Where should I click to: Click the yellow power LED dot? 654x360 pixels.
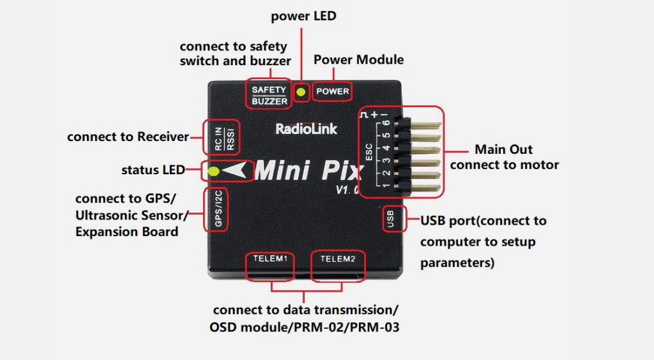301,92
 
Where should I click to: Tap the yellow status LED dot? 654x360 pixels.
214,171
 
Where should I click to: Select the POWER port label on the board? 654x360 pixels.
333,91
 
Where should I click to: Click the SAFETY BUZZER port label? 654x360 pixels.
269,96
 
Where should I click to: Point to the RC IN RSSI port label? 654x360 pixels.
222,137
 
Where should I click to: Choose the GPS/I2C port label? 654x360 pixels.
218,211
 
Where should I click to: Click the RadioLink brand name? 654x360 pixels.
306,129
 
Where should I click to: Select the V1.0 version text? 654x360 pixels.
349,190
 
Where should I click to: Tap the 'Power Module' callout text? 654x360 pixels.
358,59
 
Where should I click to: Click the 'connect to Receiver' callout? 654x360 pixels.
128,137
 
